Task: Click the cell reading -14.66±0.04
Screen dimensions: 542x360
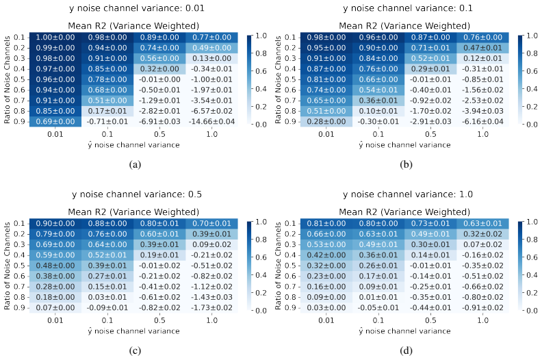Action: pyautogui.click(x=211, y=122)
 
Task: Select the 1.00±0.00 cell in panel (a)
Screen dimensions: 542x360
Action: pyautogui.click(x=55, y=38)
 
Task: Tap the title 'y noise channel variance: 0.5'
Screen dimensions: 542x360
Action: pyautogui.click(x=137, y=194)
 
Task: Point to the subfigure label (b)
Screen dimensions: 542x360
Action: pyautogui.click(x=406, y=165)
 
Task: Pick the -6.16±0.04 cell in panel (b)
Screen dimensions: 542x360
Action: pyautogui.click(x=482, y=122)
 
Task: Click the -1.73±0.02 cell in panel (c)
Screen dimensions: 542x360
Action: pyautogui.click(x=211, y=308)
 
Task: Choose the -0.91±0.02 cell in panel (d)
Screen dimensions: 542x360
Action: pyautogui.click(x=482, y=308)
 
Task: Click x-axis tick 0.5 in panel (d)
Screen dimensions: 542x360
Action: pyautogui.click(x=430, y=320)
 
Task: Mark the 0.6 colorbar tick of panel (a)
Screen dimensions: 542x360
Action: pyautogui.click(x=261, y=71)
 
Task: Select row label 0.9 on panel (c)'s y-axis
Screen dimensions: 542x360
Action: pyautogui.click(x=19, y=308)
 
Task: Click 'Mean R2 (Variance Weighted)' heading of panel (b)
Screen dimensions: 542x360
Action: pyautogui.click(x=404, y=26)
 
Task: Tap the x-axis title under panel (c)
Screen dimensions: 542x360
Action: pyautogui.click(x=133, y=331)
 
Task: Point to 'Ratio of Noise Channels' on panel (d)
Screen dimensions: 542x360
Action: pyautogui.click(x=278, y=266)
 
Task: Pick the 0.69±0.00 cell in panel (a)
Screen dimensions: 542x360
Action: pyautogui.click(x=55, y=122)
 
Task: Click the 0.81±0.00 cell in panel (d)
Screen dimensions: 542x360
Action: pyautogui.click(x=326, y=223)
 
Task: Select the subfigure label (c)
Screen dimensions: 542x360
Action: pyautogui.click(x=135, y=350)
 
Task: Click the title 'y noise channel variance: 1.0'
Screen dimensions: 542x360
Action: pyautogui.click(x=408, y=194)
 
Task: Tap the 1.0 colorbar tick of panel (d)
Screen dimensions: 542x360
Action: pyautogui.click(x=532, y=222)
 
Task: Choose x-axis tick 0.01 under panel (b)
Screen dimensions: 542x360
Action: pyautogui.click(x=326, y=134)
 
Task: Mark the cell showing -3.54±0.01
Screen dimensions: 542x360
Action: pyautogui.click(x=211, y=101)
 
